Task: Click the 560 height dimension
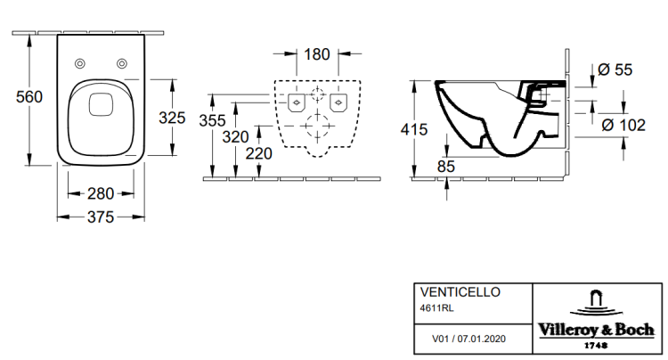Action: point(18,98)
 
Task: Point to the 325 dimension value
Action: point(173,117)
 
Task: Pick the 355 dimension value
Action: point(212,120)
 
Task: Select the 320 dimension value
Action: point(236,136)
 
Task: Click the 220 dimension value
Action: point(259,154)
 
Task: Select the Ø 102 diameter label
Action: point(623,126)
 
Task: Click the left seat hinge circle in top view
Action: point(79,63)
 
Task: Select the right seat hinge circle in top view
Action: point(120,63)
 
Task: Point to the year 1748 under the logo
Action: point(597,344)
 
